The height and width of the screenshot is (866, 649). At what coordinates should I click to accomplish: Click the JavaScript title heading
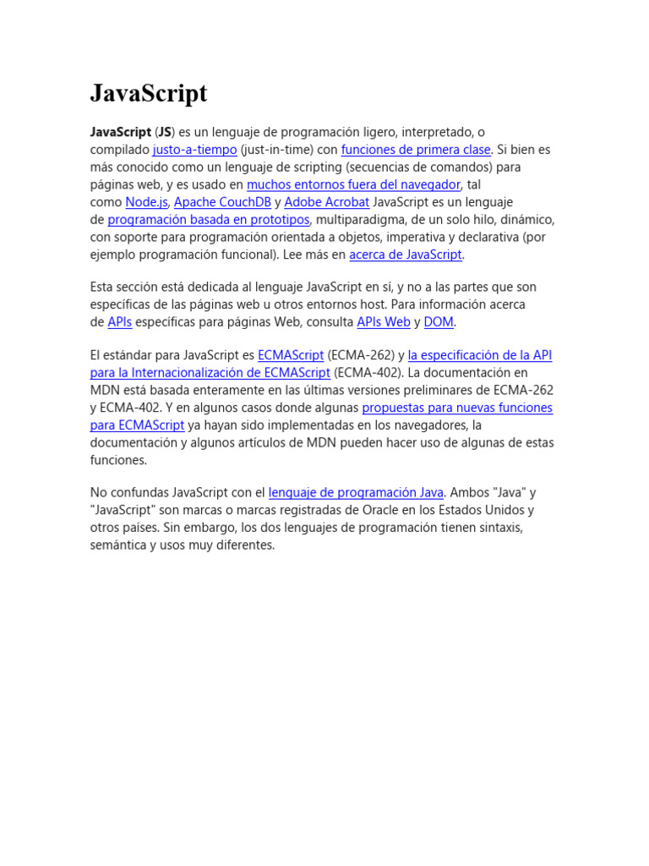pyautogui.click(x=149, y=94)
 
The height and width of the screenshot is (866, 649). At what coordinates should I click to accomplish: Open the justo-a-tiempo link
pyautogui.click(x=194, y=150)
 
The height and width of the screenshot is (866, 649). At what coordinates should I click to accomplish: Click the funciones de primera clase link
pyautogui.click(x=416, y=150)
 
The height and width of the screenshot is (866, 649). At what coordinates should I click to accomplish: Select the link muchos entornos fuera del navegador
pyautogui.click(x=353, y=184)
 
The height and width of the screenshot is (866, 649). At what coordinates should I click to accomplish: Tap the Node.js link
pyautogui.click(x=147, y=202)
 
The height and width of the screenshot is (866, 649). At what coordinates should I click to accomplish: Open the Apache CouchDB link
pyautogui.click(x=222, y=202)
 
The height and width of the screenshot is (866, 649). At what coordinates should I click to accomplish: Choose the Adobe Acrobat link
pyautogui.click(x=327, y=202)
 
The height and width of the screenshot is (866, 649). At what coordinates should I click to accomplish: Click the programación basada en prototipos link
pyautogui.click(x=209, y=220)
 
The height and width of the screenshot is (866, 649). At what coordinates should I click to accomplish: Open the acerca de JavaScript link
pyautogui.click(x=406, y=255)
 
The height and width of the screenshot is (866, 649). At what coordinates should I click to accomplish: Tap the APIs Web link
pyautogui.click(x=384, y=322)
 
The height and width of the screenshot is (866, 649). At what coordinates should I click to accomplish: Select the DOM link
pyautogui.click(x=439, y=322)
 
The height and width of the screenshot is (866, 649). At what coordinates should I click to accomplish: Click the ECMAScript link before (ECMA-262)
pyautogui.click(x=291, y=355)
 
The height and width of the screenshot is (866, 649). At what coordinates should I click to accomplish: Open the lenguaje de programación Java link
pyautogui.click(x=356, y=492)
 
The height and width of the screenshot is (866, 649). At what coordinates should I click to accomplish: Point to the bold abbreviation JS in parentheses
pyautogui.click(x=166, y=133)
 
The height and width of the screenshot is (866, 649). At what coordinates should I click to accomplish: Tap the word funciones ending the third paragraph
pyautogui.click(x=118, y=460)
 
